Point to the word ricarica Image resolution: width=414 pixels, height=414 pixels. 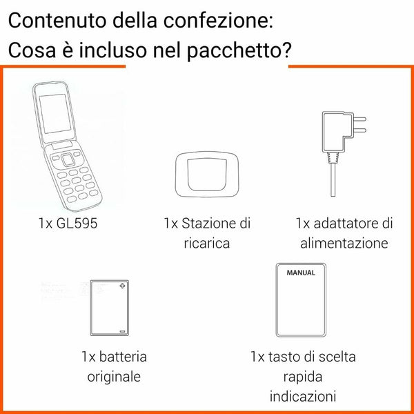(207, 244)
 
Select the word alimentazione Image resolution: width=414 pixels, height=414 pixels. (344, 244)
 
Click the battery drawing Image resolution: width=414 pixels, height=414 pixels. (110, 307)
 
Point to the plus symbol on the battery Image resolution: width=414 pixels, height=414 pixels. (122, 286)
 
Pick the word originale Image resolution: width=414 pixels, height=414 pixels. (114, 377)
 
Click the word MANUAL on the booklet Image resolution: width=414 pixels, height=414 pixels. (301, 273)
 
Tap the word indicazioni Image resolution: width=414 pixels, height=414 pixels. (303, 397)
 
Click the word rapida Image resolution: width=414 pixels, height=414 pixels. (303, 377)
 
